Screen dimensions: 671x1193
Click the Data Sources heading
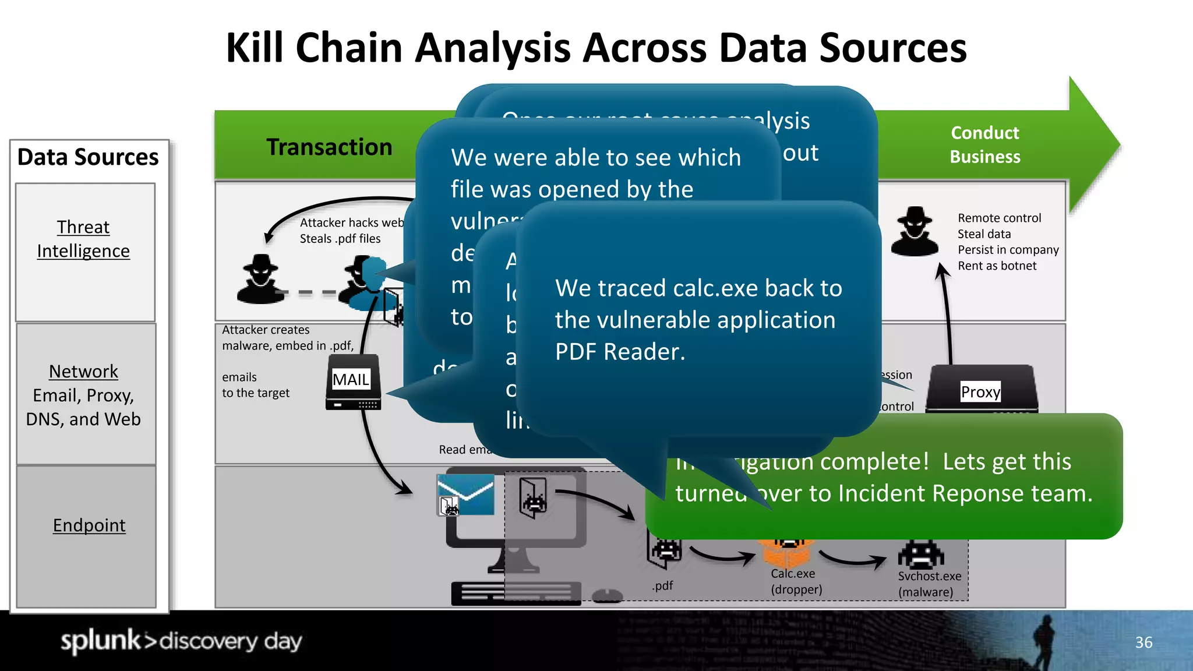click(x=87, y=157)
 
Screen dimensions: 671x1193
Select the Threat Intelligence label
click(x=83, y=239)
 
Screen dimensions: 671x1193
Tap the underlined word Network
click(x=83, y=371)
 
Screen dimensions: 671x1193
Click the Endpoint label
click(x=89, y=525)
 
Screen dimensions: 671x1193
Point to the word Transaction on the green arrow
click(x=329, y=147)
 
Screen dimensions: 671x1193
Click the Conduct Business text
click(x=984, y=144)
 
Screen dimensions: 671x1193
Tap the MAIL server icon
click(x=353, y=383)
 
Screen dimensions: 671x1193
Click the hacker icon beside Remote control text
click(x=915, y=232)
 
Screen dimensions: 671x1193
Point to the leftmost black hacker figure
click(x=260, y=280)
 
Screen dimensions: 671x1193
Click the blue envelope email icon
click(x=466, y=494)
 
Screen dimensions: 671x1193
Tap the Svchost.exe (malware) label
click(x=929, y=584)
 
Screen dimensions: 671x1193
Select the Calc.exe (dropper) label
click(x=796, y=581)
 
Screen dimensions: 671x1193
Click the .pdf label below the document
click(x=662, y=585)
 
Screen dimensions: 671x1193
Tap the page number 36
click(x=1143, y=642)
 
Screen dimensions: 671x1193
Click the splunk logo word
click(x=100, y=640)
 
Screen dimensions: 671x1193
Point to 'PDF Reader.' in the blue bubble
click(x=620, y=352)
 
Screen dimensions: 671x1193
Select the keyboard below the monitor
click(x=516, y=594)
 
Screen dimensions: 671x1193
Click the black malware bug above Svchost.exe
click(x=921, y=554)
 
